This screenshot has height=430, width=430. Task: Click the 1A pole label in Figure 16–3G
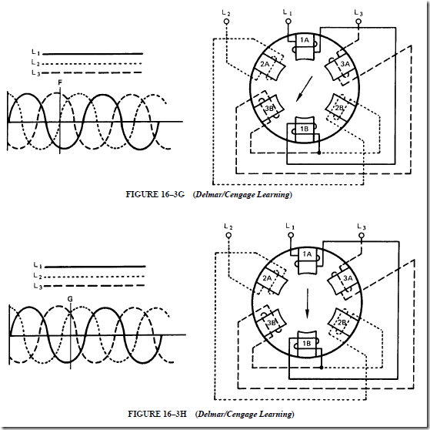click(x=305, y=40)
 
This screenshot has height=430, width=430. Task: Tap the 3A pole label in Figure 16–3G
click(x=345, y=64)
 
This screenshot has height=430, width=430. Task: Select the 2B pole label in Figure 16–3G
click(x=339, y=108)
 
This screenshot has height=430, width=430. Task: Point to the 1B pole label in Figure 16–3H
click(x=307, y=343)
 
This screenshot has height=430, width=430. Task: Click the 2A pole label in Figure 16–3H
click(x=267, y=278)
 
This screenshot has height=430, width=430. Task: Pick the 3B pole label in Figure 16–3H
click(x=271, y=322)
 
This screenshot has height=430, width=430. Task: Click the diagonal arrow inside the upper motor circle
click(x=305, y=89)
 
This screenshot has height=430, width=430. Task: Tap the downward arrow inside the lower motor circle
click(x=308, y=304)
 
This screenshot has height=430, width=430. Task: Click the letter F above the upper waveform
click(x=60, y=82)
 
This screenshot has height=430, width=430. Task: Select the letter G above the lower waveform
click(x=70, y=299)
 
